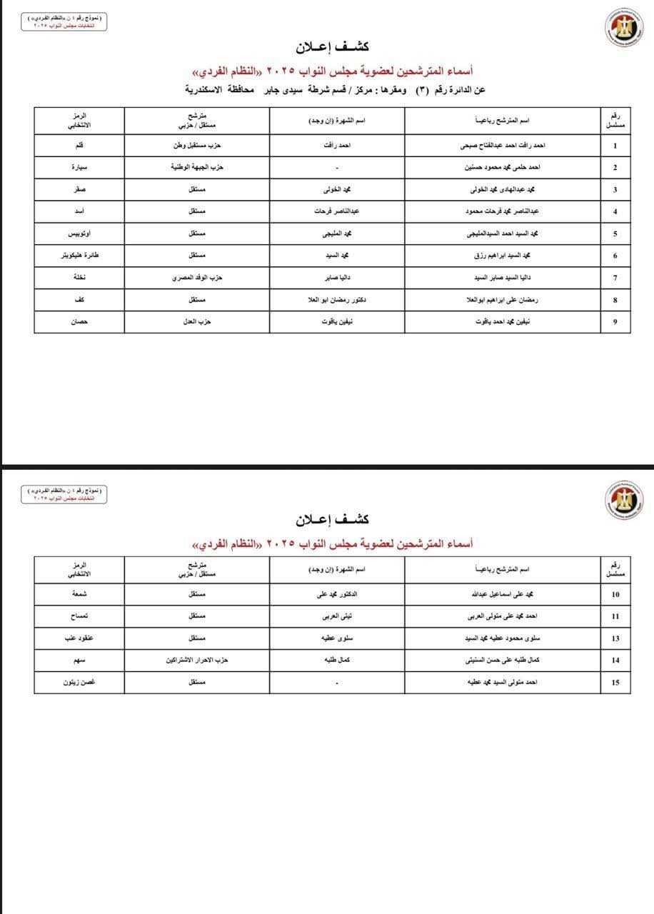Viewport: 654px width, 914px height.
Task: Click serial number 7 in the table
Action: point(615,278)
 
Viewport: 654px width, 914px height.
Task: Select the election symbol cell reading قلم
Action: point(79,146)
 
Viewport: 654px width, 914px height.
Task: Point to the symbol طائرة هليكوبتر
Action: point(79,256)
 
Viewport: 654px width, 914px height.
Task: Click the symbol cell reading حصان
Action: point(79,322)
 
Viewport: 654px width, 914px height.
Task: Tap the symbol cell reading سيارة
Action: point(79,168)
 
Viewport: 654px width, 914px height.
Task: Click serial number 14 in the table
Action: point(615,661)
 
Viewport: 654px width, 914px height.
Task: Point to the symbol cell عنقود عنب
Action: point(79,638)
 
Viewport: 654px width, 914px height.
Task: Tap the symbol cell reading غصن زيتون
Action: point(79,683)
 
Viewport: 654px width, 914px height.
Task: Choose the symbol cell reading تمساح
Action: point(79,616)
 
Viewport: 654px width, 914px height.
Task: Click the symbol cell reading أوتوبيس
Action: point(79,233)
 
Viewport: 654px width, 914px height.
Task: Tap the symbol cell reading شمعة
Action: point(79,594)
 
